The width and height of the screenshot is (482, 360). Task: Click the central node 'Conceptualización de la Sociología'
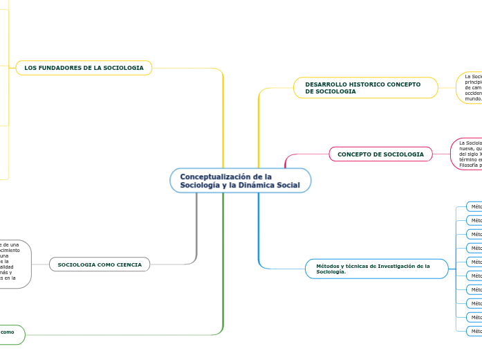pos(240,181)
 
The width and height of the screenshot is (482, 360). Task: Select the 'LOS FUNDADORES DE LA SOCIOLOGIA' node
pos(84,68)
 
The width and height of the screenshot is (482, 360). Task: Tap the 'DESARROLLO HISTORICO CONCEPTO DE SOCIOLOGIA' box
pos(366,88)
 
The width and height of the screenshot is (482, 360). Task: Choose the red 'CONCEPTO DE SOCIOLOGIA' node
pos(380,154)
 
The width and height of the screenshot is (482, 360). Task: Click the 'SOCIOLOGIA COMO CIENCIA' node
pos(100,264)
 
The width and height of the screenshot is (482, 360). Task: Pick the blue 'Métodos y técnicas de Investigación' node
pos(376,269)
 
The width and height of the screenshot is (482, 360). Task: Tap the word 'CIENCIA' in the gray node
pos(129,264)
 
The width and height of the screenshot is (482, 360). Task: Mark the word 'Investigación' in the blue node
pos(393,265)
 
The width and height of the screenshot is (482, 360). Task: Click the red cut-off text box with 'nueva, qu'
pos(467,154)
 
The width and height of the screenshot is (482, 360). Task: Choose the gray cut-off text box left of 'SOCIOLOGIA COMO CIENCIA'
pos(14,264)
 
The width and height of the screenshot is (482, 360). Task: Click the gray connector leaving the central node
pos(197,228)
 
